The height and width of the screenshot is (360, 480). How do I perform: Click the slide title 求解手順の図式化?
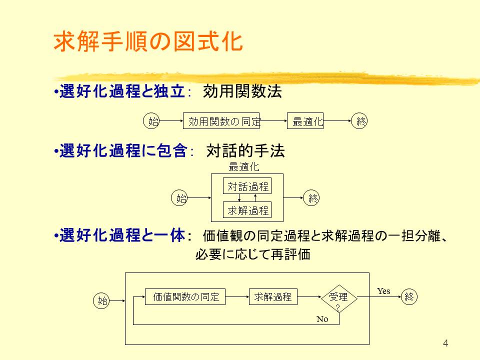(x=148, y=41)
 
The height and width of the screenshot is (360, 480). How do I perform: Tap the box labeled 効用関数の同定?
(x=221, y=121)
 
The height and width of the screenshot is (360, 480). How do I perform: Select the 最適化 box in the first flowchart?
(x=305, y=121)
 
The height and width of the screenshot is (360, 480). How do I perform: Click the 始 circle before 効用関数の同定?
(x=151, y=120)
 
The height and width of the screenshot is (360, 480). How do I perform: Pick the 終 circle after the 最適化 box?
(x=359, y=120)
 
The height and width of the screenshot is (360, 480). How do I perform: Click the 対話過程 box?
(x=247, y=186)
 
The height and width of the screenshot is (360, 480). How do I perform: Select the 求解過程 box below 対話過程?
(x=247, y=210)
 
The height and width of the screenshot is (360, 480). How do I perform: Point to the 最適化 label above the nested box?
(x=244, y=167)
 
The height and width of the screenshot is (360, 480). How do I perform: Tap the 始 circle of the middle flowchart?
(x=179, y=198)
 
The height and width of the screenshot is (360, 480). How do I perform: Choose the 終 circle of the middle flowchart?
(x=311, y=198)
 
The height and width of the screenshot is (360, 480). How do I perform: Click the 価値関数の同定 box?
(x=185, y=296)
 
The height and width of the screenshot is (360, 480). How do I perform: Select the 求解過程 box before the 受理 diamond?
(x=273, y=296)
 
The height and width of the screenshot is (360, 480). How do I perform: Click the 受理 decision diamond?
(x=339, y=298)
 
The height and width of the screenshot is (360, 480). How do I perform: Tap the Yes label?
(x=383, y=291)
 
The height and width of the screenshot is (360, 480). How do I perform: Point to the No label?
(x=322, y=319)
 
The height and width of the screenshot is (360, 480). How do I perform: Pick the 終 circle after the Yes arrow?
(x=409, y=296)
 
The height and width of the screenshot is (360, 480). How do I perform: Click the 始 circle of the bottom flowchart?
(x=101, y=300)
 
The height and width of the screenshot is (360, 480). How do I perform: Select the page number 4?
(x=445, y=343)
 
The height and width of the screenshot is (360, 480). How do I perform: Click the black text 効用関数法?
(x=242, y=91)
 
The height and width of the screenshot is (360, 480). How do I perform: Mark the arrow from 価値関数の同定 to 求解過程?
(x=237, y=296)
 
